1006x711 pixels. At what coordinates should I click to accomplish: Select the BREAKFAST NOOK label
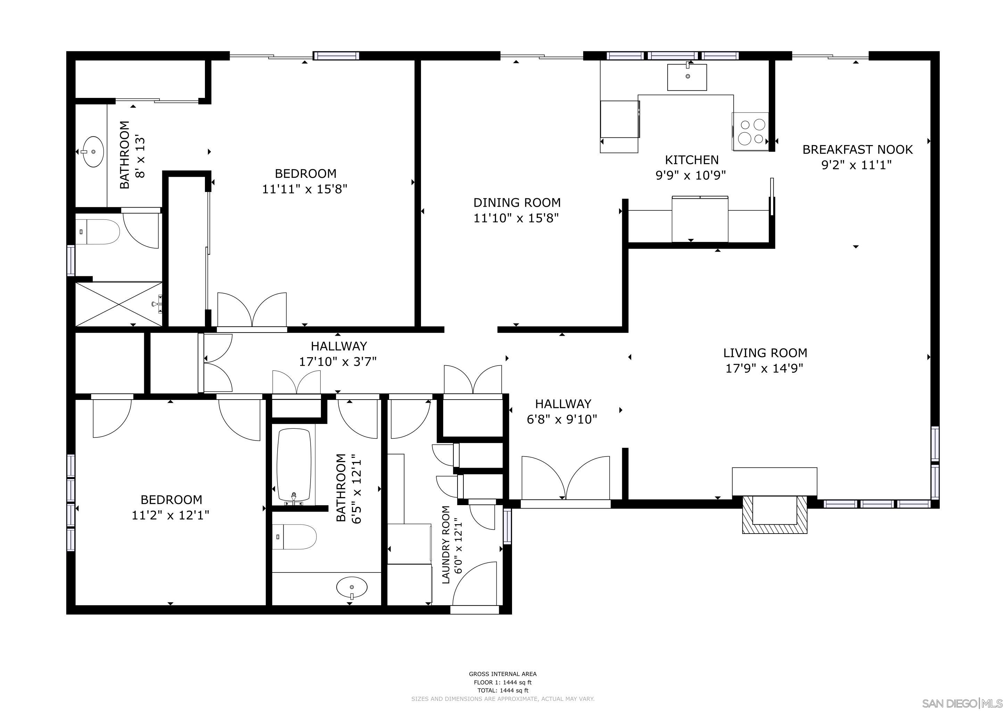pyautogui.click(x=857, y=150)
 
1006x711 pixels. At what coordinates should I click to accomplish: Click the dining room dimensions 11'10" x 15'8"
pyautogui.click(x=516, y=218)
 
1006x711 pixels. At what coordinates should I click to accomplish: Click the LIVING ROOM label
pyautogui.click(x=765, y=353)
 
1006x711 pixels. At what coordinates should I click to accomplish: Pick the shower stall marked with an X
pyautogui.click(x=118, y=304)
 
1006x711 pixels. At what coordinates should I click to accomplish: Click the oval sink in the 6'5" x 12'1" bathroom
pyautogui.click(x=352, y=587)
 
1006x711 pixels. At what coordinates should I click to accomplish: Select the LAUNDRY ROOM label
pyautogui.click(x=446, y=545)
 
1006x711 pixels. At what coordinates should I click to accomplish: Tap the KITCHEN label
pyautogui.click(x=691, y=160)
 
